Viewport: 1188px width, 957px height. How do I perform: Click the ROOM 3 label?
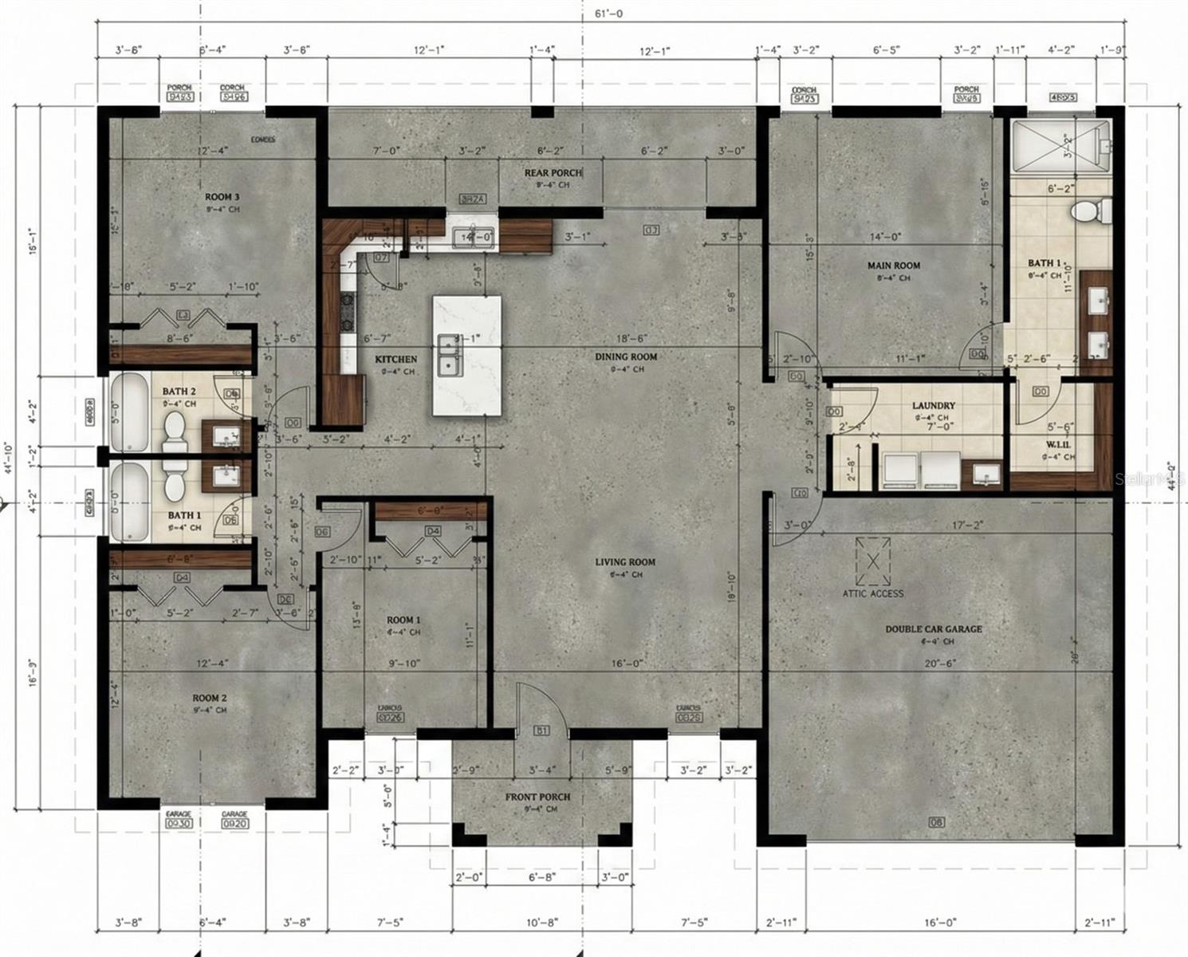[x=222, y=196]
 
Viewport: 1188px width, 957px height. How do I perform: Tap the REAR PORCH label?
[x=552, y=172]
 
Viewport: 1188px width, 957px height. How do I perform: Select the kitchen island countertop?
[x=467, y=355]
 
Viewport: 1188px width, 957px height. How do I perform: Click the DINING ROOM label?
[x=626, y=356]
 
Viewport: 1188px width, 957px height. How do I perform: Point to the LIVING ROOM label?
[x=625, y=561]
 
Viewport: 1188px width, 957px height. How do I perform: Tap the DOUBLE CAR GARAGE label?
[x=934, y=628]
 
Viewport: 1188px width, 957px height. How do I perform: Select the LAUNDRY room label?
[x=933, y=405]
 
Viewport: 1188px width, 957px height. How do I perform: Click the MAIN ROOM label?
[x=894, y=266]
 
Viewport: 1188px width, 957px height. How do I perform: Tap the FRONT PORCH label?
[x=537, y=797]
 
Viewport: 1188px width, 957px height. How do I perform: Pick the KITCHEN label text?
[x=396, y=360]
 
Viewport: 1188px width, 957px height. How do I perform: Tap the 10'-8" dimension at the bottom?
[x=542, y=922]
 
